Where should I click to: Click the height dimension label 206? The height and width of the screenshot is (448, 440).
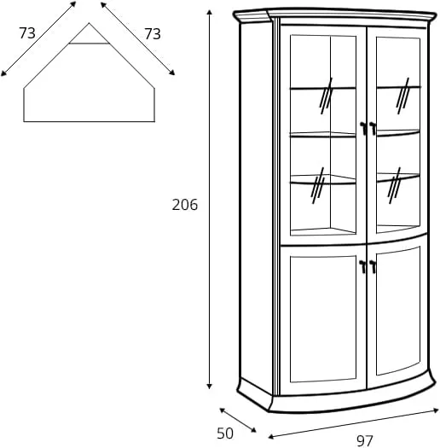tap(185, 205)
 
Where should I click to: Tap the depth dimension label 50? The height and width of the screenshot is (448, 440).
tap(225, 433)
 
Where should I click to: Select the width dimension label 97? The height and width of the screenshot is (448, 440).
tap(365, 441)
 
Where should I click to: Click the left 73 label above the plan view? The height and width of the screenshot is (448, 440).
tap(27, 33)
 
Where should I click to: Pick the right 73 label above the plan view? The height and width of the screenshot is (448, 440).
tap(153, 34)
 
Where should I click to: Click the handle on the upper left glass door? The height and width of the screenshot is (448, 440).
tap(363, 128)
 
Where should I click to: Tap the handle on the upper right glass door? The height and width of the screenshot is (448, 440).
tap(373, 128)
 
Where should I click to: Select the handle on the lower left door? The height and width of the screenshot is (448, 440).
tap(363, 266)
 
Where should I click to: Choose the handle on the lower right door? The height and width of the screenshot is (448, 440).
tap(373, 266)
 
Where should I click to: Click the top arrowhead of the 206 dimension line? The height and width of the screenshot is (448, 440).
tap(209, 12)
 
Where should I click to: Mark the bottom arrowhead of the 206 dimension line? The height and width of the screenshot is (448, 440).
tap(209, 387)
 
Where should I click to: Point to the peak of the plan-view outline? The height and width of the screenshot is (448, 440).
tap(89, 23)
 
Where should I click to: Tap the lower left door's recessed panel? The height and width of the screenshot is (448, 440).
tap(323, 319)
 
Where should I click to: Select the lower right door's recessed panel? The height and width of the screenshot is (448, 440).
tap(398, 311)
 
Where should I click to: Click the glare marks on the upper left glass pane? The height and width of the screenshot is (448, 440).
tap(327, 96)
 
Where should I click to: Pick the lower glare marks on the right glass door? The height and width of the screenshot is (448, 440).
tap(394, 185)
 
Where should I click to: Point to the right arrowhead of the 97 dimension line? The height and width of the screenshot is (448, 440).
tap(436, 410)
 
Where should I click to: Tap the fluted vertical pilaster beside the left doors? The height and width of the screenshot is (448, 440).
tap(276, 207)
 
